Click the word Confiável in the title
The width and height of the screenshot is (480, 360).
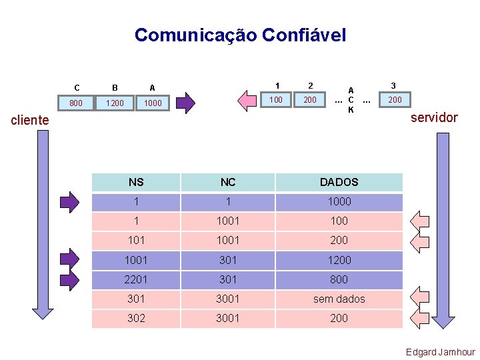click(x=305, y=35)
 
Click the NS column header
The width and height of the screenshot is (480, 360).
click(x=135, y=182)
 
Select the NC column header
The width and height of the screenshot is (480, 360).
click(x=228, y=182)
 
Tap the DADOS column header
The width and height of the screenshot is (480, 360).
click(x=339, y=182)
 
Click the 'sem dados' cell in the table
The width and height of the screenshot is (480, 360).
click(x=339, y=299)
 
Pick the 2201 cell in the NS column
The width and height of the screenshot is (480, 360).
click(x=135, y=279)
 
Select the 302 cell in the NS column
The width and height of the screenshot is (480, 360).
click(x=135, y=318)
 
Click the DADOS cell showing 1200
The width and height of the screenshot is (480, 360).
click(x=339, y=260)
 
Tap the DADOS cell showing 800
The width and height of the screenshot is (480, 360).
click(x=339, y=279)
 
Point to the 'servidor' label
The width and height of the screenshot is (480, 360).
click(x=434, y=117)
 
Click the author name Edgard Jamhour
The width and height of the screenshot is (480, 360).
click(x=440, y=352)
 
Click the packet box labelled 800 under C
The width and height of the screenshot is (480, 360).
click(x=76, y=103)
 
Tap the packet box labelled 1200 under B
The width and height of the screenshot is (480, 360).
click(x=115, y=103)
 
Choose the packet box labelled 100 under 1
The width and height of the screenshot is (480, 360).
click(x=275, y=100)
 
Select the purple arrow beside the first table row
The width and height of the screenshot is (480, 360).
click(x=69, y=201)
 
